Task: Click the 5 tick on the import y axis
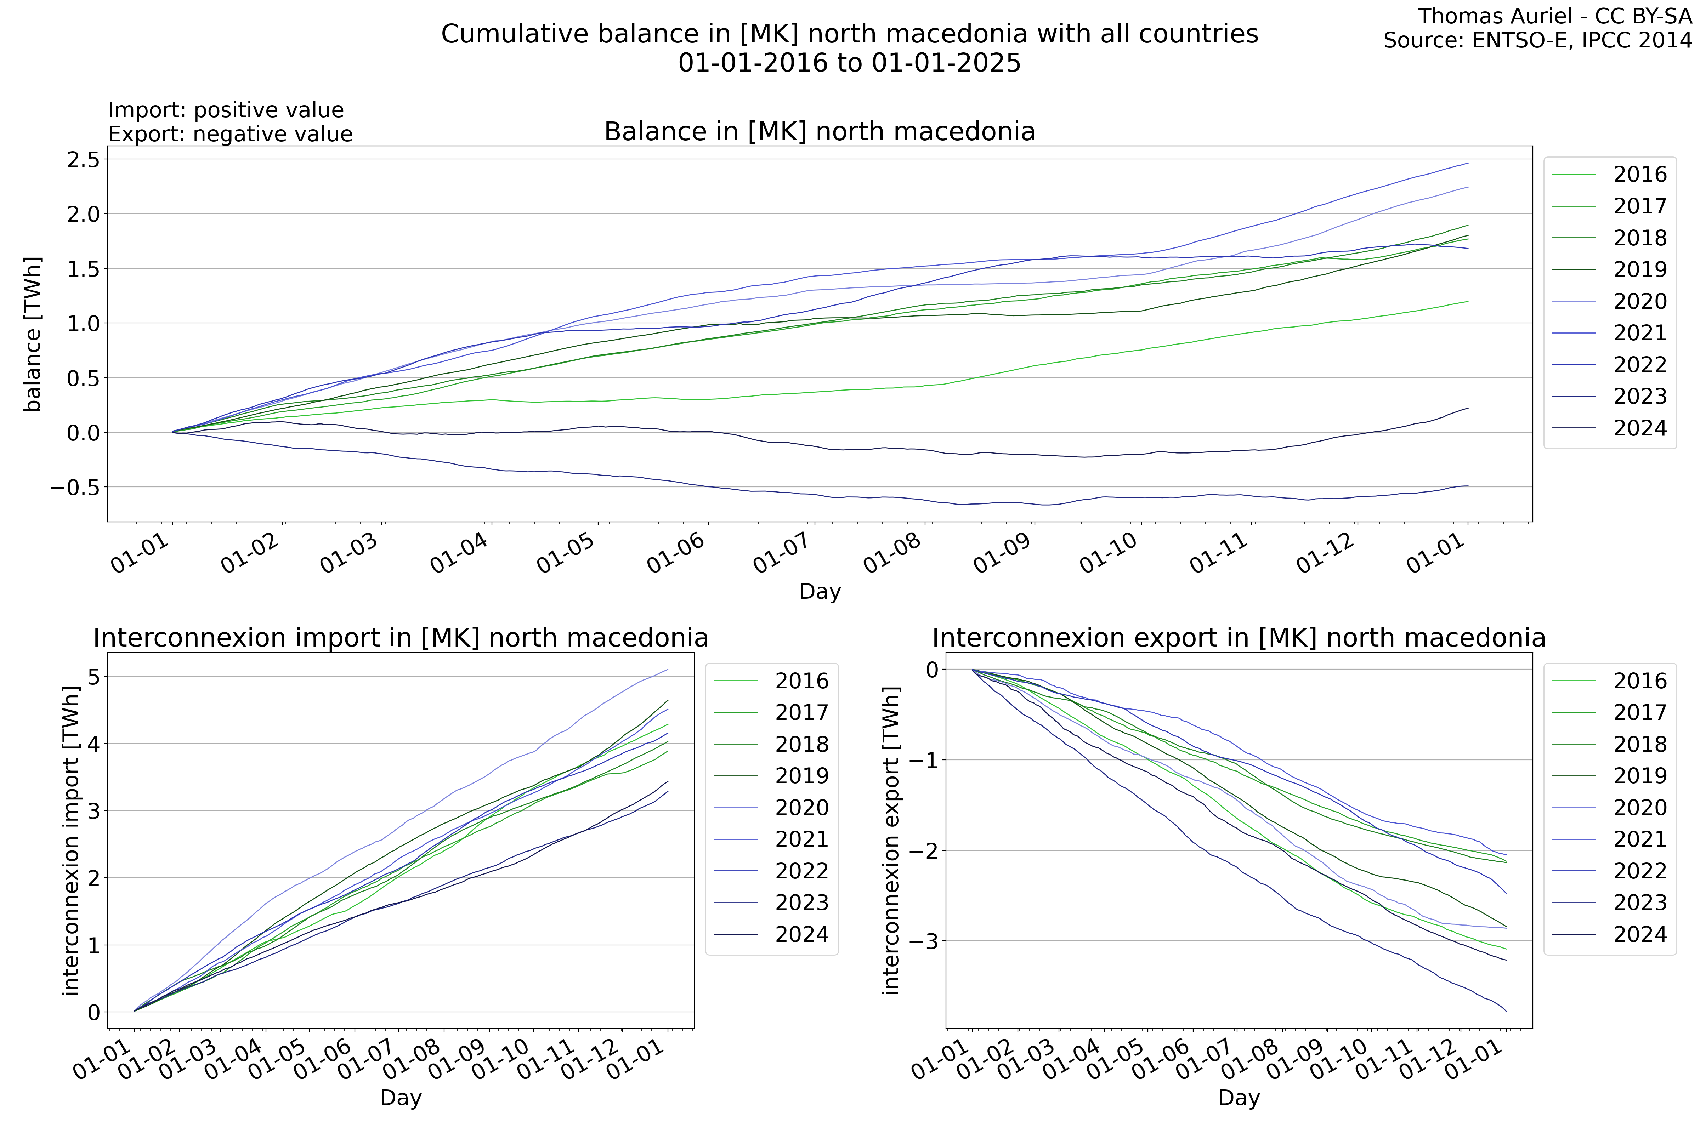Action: pyautogui.click(x=94, y=676)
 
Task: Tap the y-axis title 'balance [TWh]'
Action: pyautogui.click(x=33, y=334)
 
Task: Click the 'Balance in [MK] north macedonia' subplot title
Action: pyautogui.click(x=820, y=131)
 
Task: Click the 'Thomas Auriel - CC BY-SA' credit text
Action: pyautogui.click(x=1554, y=16)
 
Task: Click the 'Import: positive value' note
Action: pyautogui.click(x=226, y=110)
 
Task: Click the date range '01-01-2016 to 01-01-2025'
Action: pyautogui.click(x=849, y=63)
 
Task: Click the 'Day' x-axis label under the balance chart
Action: pyautogui.click(x=820, y=591)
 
